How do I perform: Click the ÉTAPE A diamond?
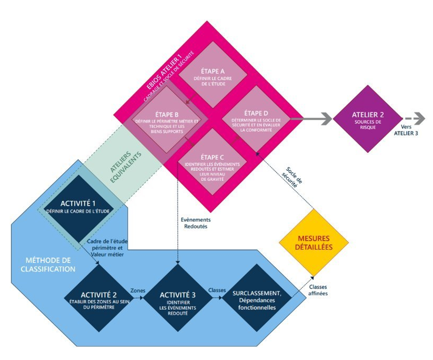click(213, 75)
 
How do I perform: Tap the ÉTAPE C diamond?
click(213, 162)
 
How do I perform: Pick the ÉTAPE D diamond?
click(256, 119)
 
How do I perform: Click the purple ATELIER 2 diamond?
click(368, 119)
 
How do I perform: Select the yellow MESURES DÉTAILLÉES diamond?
click(314, 243)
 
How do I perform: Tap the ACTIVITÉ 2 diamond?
click(99, 298)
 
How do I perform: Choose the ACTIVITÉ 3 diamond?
click(178, 298)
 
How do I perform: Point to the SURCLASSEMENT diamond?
click(257, 298)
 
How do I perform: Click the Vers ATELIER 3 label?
click(406, 130)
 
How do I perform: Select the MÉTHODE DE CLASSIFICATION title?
click(48, 265)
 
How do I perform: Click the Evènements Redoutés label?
click(196, 223)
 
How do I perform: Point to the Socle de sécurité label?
click(292, 177)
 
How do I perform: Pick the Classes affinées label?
click(318, 290)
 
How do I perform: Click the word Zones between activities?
click(138, 291)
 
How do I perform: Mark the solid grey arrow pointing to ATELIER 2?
click(311, 119)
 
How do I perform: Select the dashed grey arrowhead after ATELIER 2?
click(420, 119)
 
